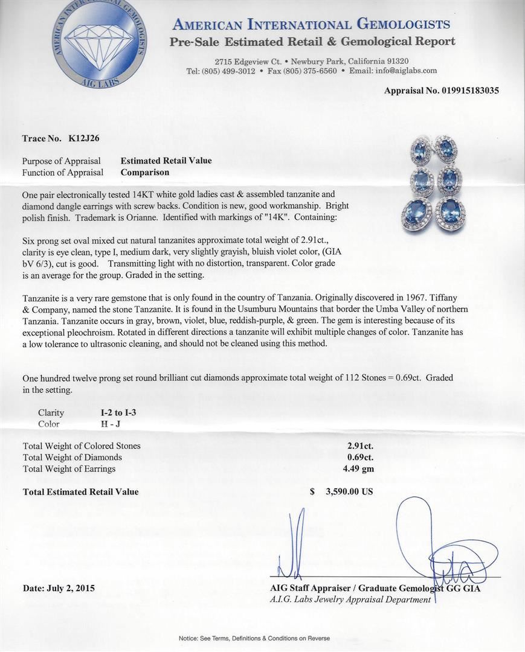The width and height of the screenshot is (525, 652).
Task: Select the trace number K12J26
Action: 85,138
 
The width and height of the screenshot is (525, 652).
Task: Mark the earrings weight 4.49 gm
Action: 359,468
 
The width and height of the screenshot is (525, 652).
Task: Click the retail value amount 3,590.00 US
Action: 349,491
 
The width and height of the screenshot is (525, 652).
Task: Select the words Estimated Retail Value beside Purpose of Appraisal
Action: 166,161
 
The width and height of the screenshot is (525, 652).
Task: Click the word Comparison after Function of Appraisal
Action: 145,172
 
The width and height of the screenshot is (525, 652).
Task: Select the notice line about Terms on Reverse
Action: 254,638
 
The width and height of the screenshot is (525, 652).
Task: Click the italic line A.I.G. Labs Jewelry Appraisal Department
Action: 350,599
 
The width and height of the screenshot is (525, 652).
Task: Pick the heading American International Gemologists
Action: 311,25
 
